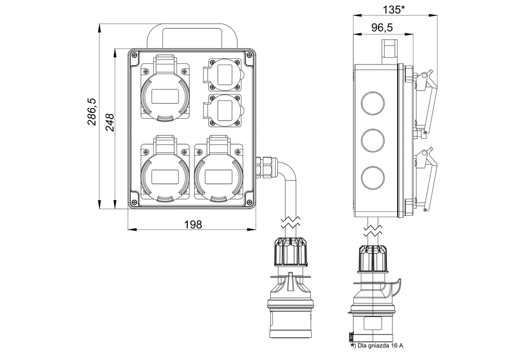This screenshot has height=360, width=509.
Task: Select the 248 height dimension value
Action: [110, 121]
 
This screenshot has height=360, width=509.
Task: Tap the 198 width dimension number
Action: [193, 224]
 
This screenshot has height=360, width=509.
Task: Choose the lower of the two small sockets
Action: [224, 108]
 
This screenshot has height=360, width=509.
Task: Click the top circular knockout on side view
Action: [372, 101]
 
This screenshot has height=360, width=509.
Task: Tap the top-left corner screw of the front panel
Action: [135, 55]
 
